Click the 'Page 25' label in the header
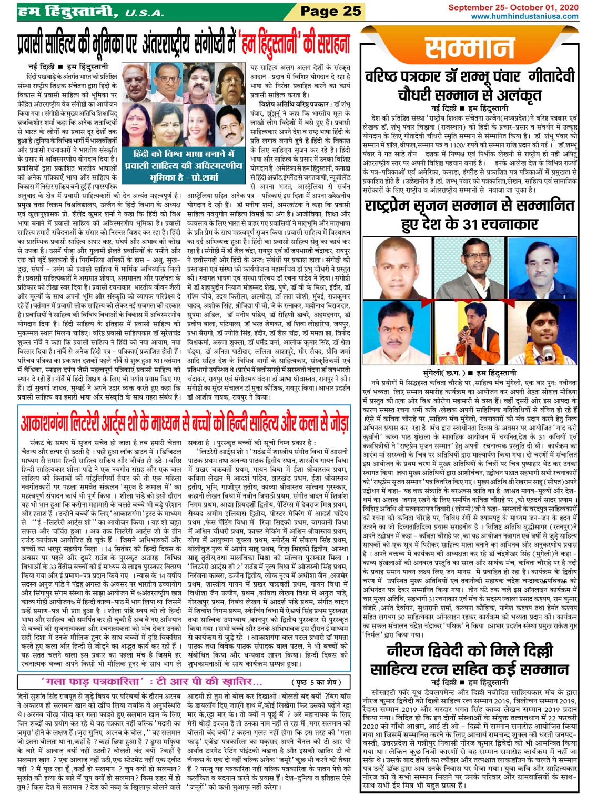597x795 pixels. [330, 11]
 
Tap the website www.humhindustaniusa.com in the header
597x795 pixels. [524, 16]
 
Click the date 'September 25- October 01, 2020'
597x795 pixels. [513, 7]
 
